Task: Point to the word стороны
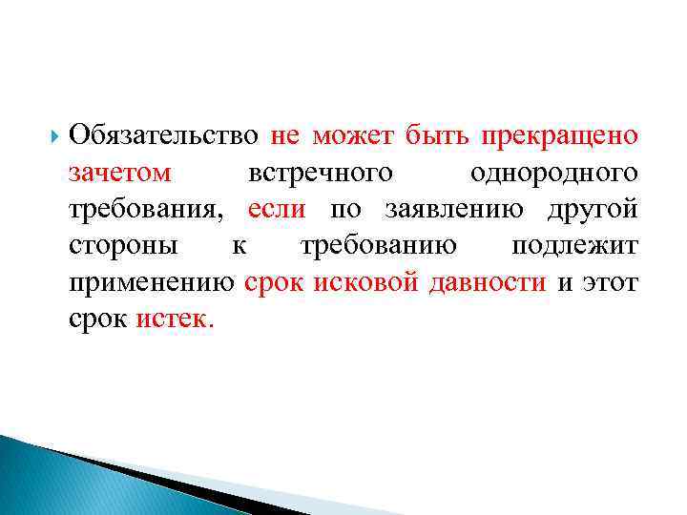(123, 245)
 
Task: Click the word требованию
(378, 245)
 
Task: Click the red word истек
(176, 319)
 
